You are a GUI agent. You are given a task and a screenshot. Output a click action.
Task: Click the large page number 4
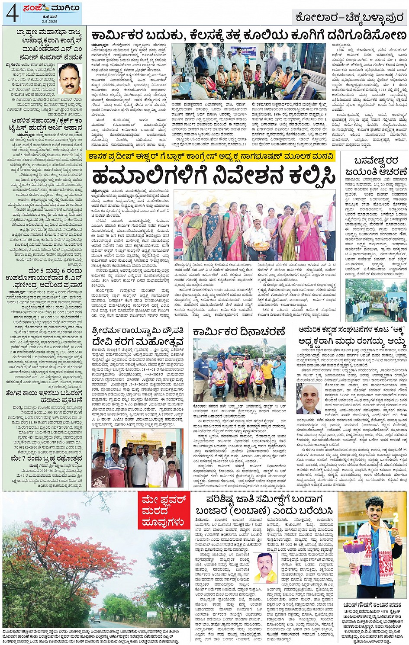click(x=12, y=14)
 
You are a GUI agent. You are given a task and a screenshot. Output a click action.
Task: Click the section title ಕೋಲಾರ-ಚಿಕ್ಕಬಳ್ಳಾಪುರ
click(x=349, y=18)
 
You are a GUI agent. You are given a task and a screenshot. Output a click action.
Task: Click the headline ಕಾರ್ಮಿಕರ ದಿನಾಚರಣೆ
click(x=239, y=332)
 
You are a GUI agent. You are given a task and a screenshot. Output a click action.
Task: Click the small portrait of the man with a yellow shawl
click(x=265, y=568)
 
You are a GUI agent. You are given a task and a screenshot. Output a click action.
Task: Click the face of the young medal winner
click(x=376, y=510)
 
